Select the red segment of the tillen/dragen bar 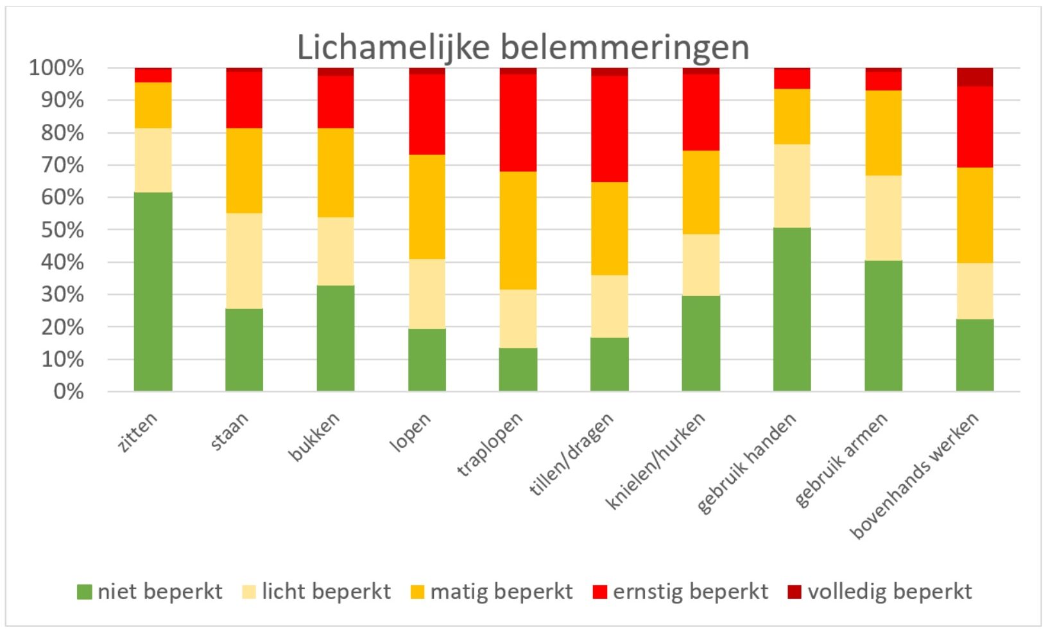pos(609,128)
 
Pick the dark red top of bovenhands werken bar pos(974,76)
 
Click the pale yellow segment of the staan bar pos(244,261)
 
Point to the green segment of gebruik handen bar pos(792,309)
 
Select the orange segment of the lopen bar pos(427,206)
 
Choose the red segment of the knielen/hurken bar pos(700,112)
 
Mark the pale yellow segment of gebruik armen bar pos(883,218)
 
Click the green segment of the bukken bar pos(336,338)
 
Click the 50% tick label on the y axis pos(62,230)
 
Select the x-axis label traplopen pos(490,444)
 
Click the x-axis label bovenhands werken pos(915,475)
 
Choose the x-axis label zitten pos(137,432)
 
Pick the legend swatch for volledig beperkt pos(794,592)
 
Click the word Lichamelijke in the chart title pos(393,48)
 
